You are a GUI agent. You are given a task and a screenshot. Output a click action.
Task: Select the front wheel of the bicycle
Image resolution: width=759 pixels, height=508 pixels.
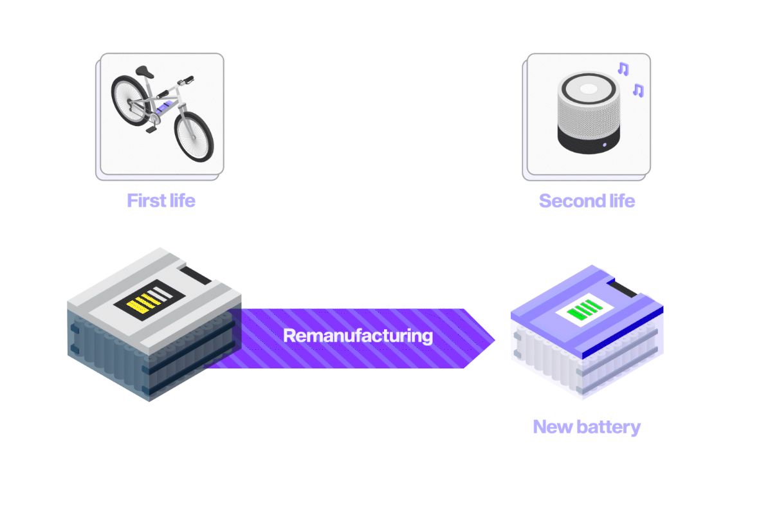pyautogui.click(x=192, y=136)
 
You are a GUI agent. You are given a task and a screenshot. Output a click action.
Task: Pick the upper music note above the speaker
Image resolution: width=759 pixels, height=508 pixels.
pyautogui.click(x=623, y=69)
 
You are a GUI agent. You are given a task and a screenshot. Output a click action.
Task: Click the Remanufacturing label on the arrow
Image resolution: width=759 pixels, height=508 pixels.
pyautogui.click(x=358, y=336)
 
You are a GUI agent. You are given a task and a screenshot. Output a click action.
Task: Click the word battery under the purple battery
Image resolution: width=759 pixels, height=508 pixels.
pyautogui.click(x=608, y=426)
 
